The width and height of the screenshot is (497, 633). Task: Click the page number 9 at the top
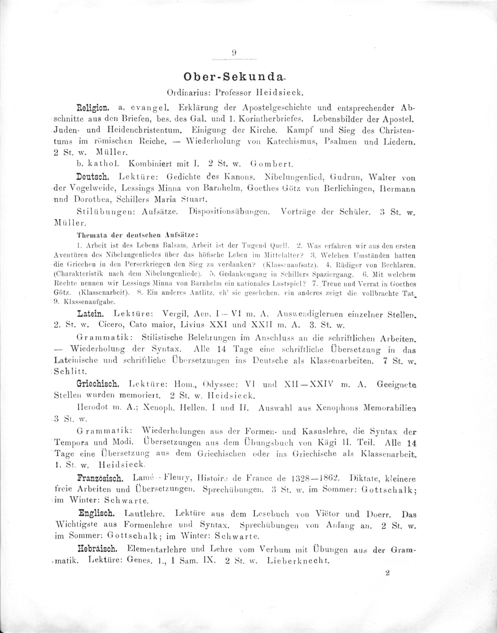pyautogui.click(x=234, y=53)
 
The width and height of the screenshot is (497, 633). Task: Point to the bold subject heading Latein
pyautogui.click(x=90, y=314)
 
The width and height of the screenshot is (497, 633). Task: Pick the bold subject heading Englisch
pyautogui.click(x=97, y=513)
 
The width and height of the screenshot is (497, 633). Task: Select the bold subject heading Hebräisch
pyautogui.click(x=97, y=549)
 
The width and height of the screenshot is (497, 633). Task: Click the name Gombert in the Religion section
pyautogui.click(x=272, y=164)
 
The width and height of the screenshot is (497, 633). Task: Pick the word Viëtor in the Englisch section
pyautogui.click(x=325, y=514)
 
